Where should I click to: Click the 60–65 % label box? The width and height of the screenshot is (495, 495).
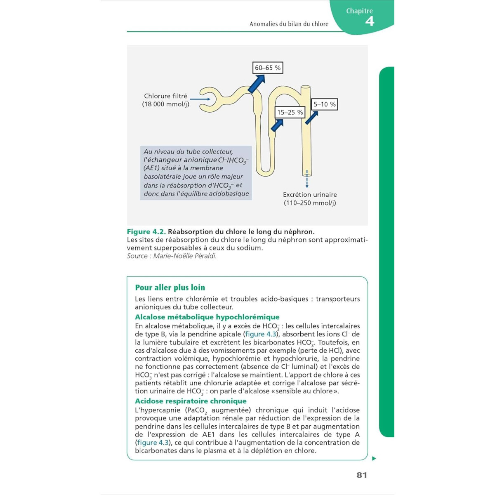pos(268,68)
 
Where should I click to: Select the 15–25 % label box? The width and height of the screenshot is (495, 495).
pos(290,112)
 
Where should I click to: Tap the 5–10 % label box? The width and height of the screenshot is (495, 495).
pos(325,104)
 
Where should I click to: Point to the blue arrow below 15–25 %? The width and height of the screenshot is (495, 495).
pos(277,125)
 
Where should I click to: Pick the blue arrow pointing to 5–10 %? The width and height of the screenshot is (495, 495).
pos(311,118)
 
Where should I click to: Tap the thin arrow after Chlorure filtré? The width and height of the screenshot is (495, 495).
pos(200,99)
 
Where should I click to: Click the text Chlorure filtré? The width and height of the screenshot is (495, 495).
pos(165,96)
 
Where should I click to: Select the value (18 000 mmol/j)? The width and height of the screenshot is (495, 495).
pos(165,104)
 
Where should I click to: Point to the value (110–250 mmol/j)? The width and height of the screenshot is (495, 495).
pos(310,203)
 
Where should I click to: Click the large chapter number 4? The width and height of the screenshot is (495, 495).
pos(370,21)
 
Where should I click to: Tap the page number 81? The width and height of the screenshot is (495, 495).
pos(362,475)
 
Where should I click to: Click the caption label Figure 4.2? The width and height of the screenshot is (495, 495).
pos(146,232)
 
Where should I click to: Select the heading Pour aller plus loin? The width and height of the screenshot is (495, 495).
pos(170,288)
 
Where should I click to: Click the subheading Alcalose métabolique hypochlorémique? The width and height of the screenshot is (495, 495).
pos(207,317)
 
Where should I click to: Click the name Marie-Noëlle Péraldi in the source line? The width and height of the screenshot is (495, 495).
pos(185,256)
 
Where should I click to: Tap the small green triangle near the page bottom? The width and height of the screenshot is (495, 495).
pos(374,458)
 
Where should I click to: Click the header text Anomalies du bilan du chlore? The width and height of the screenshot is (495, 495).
pos(289,24)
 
